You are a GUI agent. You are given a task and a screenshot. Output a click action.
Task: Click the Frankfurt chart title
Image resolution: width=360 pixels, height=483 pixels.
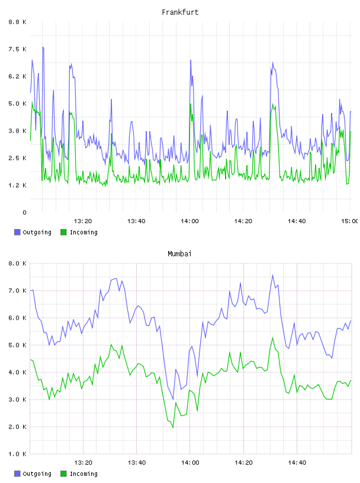(x=180, y=12)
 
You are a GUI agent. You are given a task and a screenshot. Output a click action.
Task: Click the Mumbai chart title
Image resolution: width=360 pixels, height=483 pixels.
(x=179, y=254)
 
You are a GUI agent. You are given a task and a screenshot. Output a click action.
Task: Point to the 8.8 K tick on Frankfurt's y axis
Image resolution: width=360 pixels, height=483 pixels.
(x=18, y=22)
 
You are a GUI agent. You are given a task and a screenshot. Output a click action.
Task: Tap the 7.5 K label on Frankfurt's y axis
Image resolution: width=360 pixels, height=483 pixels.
(x=18, y=49)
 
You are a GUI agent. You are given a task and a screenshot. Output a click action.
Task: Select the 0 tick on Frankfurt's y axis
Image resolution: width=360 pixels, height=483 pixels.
(x=24, y=212)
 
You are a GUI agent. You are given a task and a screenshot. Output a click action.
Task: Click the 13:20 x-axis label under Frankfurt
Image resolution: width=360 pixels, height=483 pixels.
(x=83, y=221)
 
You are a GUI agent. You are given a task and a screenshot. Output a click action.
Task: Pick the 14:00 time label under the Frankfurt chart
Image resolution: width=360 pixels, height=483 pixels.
(x=189, y=221)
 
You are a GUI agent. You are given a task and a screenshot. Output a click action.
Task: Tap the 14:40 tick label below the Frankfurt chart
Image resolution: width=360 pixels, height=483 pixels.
(x=297, y=221)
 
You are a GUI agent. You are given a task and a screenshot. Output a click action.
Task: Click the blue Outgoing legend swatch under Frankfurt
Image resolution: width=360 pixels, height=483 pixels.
(x=17, y=232)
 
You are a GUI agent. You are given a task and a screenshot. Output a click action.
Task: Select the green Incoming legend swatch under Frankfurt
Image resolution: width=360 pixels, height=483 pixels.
(x=63, y=232)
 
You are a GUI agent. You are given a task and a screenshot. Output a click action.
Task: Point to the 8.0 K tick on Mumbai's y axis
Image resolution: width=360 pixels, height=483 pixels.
(x=18, y=263)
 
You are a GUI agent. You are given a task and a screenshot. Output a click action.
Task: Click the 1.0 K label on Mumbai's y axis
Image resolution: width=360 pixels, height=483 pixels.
(x=18, y=454)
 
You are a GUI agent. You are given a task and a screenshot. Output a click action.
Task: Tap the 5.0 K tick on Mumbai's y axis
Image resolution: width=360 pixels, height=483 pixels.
(x=18, y=345)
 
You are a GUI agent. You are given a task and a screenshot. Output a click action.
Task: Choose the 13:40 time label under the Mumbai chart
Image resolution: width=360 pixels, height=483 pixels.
(x=137, y=462)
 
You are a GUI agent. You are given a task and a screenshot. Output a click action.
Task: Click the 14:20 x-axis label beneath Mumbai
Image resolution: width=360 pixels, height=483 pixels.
(x=243, y=462)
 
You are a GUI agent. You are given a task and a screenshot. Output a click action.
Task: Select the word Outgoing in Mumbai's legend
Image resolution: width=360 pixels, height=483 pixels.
(x=37, y=474)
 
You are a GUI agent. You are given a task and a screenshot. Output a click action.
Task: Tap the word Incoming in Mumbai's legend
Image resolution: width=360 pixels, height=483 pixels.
(x=83, y=474)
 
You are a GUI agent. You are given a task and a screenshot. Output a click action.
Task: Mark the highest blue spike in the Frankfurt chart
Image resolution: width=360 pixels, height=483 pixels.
(x=43, y=47)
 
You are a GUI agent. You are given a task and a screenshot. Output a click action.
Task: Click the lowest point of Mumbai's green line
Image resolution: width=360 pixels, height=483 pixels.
(x=173, y=427)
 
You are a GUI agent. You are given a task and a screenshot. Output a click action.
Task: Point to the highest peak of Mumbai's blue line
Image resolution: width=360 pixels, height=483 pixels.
(x=272, y=275)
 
